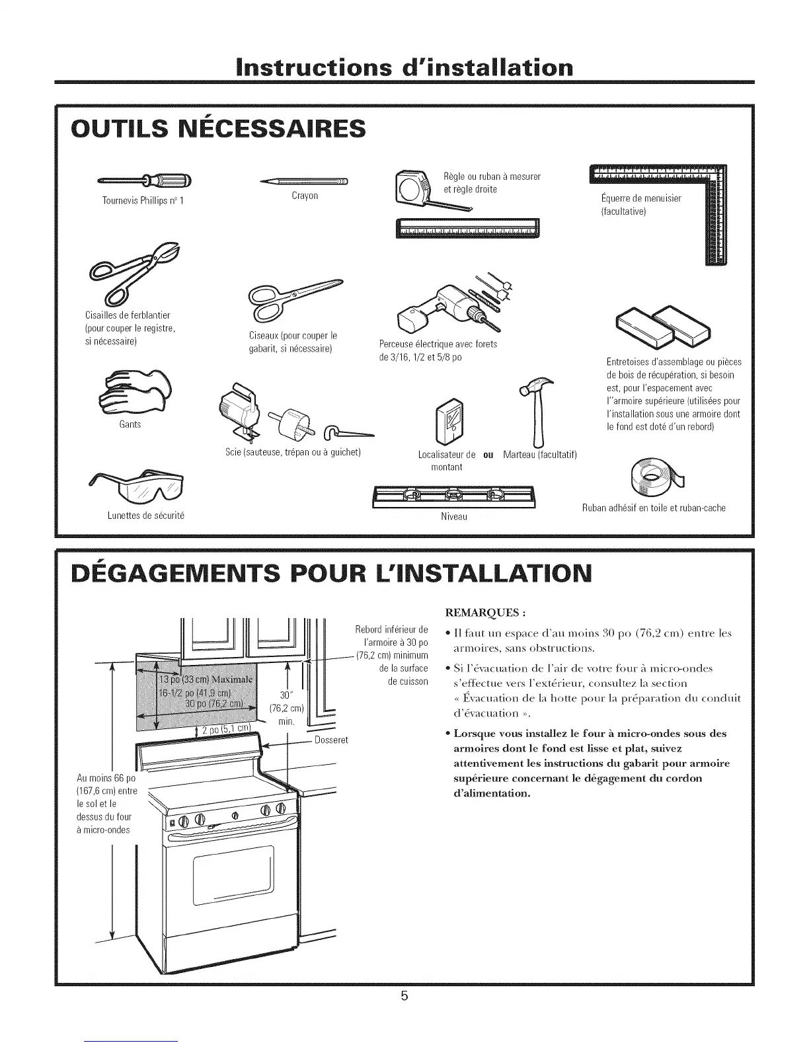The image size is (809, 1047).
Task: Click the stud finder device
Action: tap(453, 421)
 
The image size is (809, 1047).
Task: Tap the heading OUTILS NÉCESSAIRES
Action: tap(218, 128)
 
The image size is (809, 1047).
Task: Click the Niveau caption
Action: tap(454, 516)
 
